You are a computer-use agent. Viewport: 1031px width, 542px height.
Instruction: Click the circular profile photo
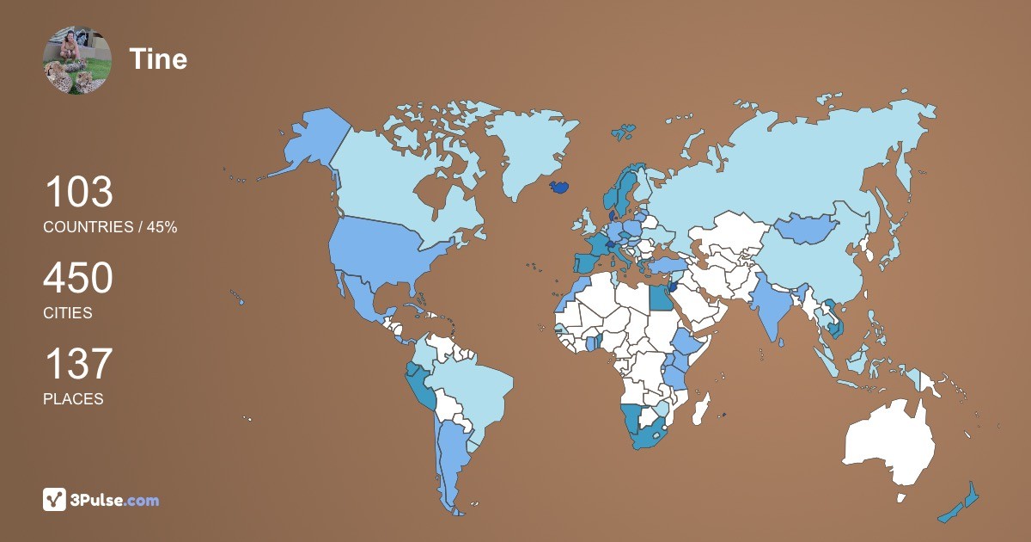[77, 60]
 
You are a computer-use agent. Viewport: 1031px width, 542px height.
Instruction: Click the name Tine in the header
[158, 59]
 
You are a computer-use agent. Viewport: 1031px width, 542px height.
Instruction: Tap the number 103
[78, 192]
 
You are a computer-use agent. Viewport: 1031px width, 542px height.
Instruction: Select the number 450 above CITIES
[78, 279]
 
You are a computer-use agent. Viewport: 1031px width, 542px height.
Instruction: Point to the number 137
[78, 364]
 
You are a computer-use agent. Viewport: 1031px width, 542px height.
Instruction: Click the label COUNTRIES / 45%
[110, 227]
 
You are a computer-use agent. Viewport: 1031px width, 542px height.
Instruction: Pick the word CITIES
[68, 313]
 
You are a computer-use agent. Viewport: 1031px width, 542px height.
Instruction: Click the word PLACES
[73, 399]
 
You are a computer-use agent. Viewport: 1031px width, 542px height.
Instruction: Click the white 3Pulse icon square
[55, 499]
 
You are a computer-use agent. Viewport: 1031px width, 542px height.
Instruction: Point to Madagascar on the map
[703, 408]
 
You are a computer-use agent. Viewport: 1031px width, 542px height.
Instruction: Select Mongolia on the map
[808, 228]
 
